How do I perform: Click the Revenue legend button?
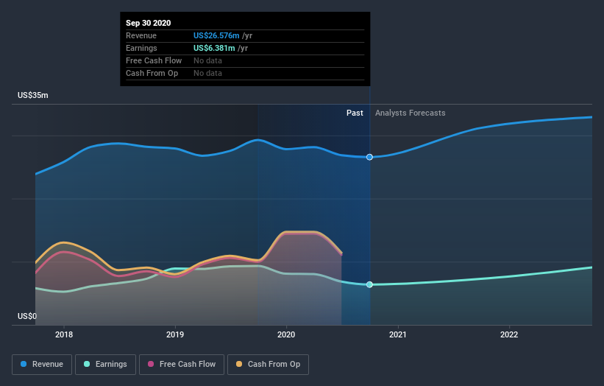(42, 364)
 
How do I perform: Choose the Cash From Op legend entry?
(268, 364)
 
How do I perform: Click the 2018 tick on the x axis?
(64, 334)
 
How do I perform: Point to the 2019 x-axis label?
(175, 334)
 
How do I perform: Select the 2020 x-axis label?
(286, 334)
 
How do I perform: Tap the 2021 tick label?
(398, 334)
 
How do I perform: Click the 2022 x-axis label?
(509, 334)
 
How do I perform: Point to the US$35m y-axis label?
(33, 96)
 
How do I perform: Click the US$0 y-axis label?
(27, 316)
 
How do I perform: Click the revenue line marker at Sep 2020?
(369, 157)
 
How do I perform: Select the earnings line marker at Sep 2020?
(369, 284)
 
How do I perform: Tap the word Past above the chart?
(355, 113)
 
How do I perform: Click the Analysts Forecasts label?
(410, 113)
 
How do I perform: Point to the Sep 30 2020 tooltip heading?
(148, 23)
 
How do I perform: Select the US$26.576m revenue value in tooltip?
(216, 35)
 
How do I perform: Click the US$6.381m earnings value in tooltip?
(214, 48)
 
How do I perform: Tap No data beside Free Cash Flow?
(207, 60)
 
